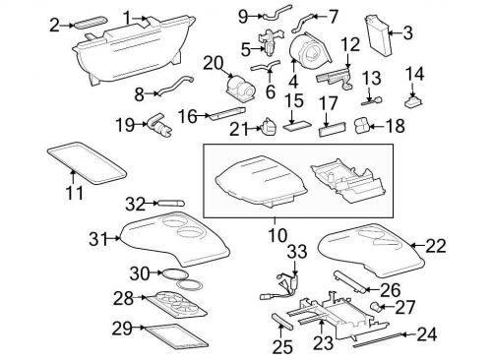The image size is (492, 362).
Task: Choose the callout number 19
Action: [x=123, y=125]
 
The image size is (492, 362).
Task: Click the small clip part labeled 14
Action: [x=413, y=98]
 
